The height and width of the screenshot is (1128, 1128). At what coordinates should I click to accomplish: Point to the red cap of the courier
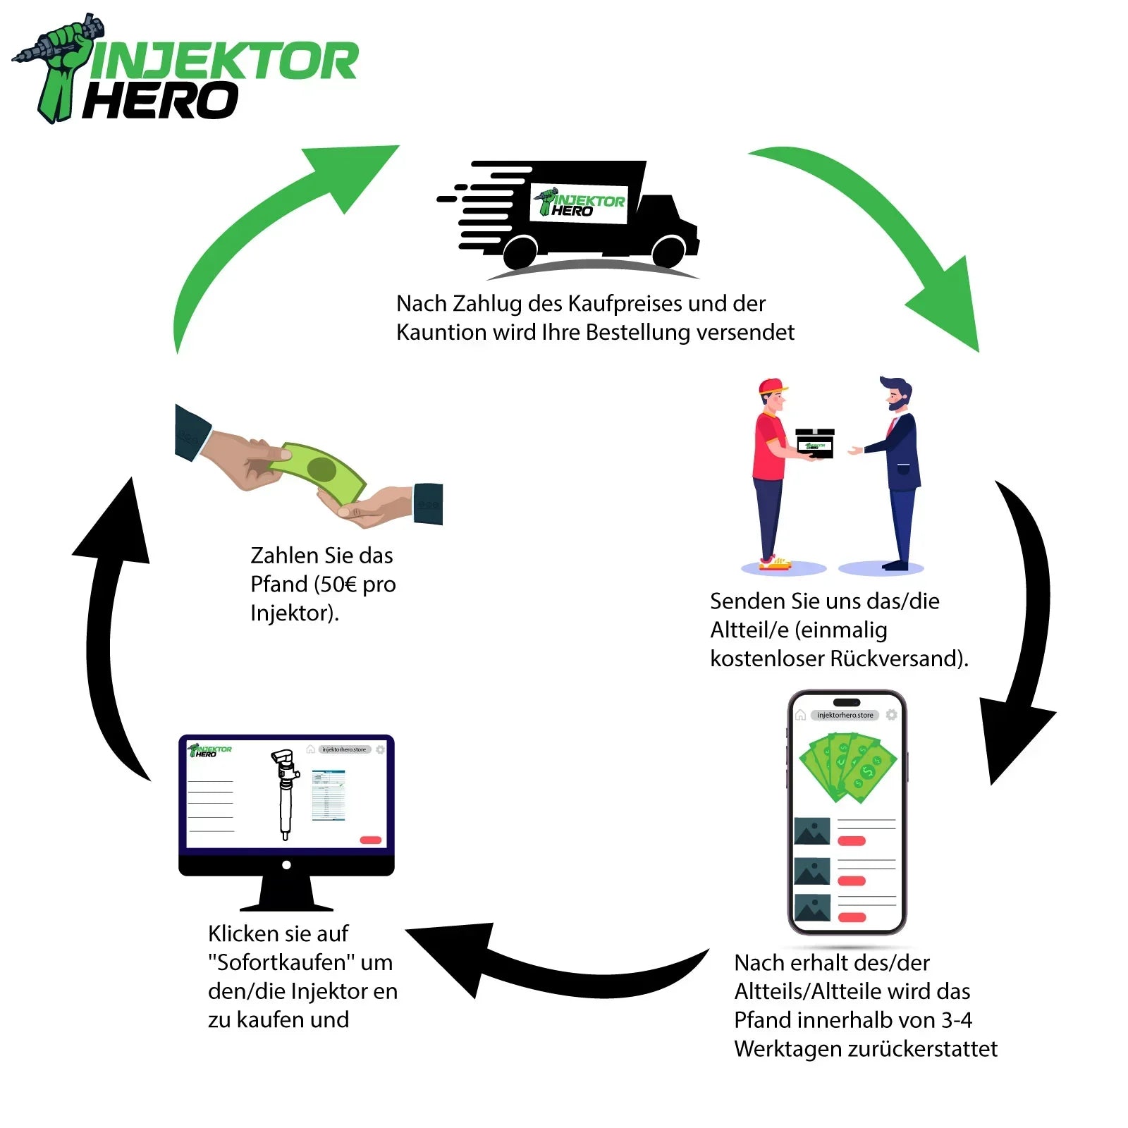click(x=773, y=386)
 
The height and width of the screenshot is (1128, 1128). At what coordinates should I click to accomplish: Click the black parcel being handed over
click(x=815, y=443)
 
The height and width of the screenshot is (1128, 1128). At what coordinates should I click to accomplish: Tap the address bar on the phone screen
click(x=845, y=715)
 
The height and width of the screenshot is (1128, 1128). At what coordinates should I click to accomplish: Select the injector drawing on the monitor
click(x=286, y=793)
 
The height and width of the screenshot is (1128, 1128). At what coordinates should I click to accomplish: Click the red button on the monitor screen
click(x=370, y=840)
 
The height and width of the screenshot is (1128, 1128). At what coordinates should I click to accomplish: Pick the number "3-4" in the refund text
click(x=957, y=1020)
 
